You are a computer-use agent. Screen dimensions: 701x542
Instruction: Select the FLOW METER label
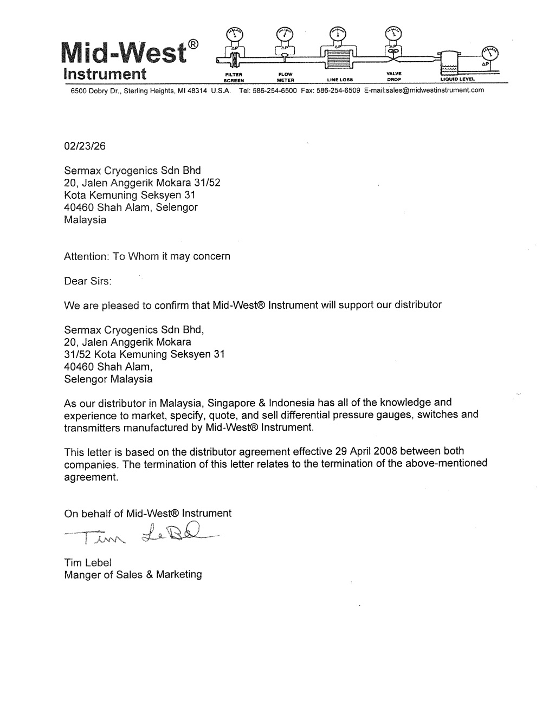[x=285, y=76]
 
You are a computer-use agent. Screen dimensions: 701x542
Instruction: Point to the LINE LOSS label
[x=340, y=79]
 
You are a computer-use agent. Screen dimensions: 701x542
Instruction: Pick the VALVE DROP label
[x=393, y=76]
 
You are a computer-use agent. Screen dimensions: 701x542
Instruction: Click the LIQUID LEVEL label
[x=458, y=79]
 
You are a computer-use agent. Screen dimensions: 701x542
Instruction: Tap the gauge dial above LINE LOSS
[x=338, y=34]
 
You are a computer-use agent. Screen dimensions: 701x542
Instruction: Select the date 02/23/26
[x=85, y=146]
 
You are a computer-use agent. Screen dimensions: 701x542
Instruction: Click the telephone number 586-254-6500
[x=275, y=90]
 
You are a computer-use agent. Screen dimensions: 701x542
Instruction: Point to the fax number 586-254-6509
[x=338, y=90]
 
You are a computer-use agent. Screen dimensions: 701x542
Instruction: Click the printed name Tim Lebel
[x=88, y=562]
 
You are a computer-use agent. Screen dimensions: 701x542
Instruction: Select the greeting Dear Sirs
[x=88, y=281]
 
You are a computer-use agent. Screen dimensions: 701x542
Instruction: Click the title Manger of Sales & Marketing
[x=133, y=575]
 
